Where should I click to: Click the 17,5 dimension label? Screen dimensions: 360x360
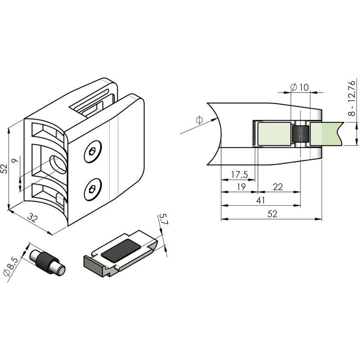pos(239,175)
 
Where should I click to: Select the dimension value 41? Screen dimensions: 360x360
pos(261,200)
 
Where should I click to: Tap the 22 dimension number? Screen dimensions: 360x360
pos(278,187)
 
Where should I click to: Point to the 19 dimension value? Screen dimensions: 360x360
pos(241,187)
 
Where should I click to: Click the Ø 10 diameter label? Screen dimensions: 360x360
pos(300,87)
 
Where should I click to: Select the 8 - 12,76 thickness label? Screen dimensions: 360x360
pos(351,98)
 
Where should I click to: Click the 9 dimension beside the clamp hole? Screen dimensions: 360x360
pos(15,161)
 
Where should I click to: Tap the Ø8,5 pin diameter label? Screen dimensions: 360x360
pos(10,266)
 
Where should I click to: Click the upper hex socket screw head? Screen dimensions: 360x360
pos(93,152)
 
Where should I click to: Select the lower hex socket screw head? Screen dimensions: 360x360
pos(93,189)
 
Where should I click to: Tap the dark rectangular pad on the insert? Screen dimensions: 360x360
pos(121,251)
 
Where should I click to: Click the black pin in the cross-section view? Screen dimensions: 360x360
pos(300,134)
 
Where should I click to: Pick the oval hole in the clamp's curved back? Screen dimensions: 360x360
pos(58,164)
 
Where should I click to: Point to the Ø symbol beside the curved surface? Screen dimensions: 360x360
pos(199,120)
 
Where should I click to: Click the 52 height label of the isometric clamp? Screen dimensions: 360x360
pos(4,168)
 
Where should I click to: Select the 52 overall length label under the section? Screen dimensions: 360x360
pos(272,214)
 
